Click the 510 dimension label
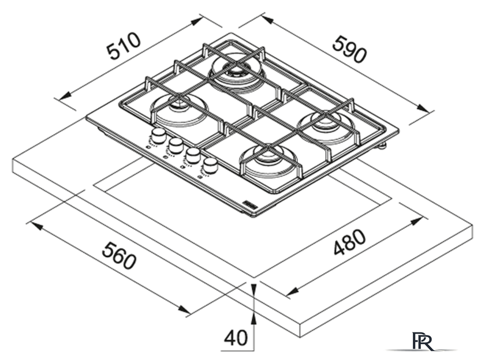pyautogui.click(x=124, y=46)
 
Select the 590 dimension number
pyautogui.click(x=349, y=50)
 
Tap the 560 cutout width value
pyautogui.click(x=119, y=256)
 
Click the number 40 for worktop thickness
pyautogui.click(x=236, y=338)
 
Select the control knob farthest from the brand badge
pyautogui.click(x=158, y=136)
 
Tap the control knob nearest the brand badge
pyautogui.click(x=210, y=166)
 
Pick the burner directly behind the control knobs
pyautogui.click(x=179, y=110)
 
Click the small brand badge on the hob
pyautogui.click(x=249, y=204)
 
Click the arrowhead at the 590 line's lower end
pyautogui.click(x=422, y=107)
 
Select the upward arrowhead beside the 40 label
pyautogui.click(x=254, y=319)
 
